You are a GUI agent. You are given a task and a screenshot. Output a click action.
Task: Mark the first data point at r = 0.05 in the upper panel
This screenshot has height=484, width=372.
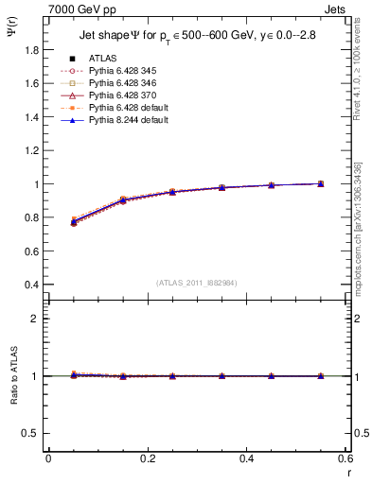click(74, 222)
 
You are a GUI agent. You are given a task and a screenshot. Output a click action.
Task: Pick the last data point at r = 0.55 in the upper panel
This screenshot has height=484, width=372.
click(321, 183)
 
